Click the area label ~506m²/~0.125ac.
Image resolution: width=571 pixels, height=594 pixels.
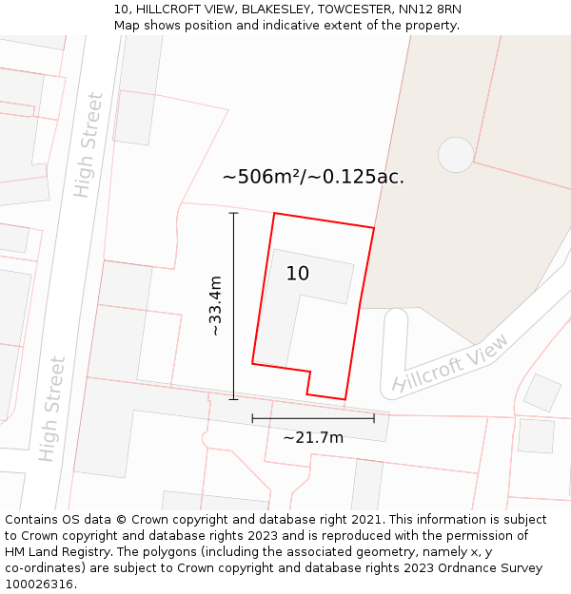(313, 177)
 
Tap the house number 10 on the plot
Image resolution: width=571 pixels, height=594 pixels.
(297, 274)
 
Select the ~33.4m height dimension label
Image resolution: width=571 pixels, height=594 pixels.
(215, 305)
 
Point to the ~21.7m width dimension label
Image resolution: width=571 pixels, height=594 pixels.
(313, 437)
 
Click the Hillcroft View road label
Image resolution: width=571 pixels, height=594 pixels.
(450, 364)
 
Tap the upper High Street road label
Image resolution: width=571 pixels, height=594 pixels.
(88, 144)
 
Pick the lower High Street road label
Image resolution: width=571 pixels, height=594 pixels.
(52, 409)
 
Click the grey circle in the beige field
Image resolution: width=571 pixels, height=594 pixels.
(456, 155)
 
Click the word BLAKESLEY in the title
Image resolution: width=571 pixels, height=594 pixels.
(279, 10)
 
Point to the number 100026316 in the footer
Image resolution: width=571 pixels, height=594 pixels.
(41, 584)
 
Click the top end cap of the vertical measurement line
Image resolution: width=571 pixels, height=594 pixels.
(233, 213)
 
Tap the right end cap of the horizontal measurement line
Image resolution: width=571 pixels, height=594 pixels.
(374, 418)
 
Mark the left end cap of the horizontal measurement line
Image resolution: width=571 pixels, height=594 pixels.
(252, 418)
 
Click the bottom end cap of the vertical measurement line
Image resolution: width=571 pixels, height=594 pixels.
(233, 399)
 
